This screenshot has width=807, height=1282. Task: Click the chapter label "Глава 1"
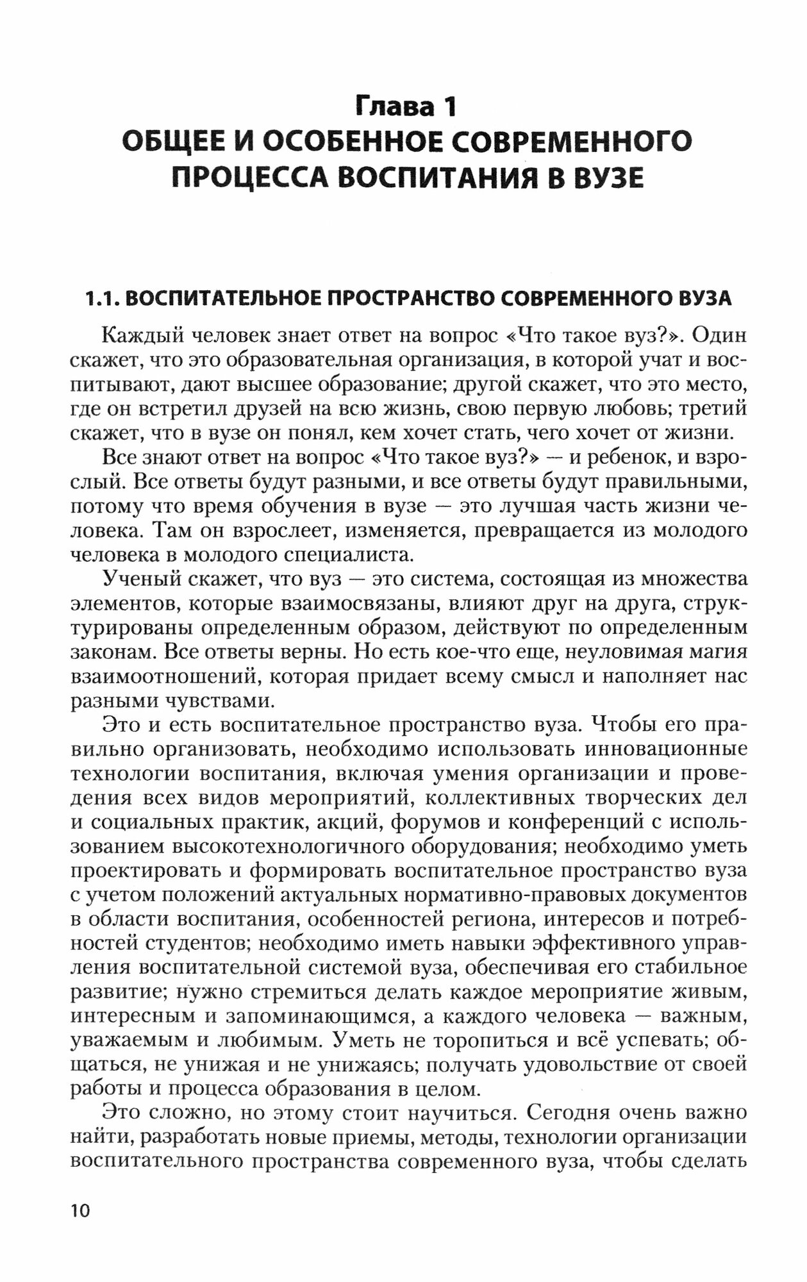[x=406, y=106]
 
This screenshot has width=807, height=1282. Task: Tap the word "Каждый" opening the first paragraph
[x=137, y=335]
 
